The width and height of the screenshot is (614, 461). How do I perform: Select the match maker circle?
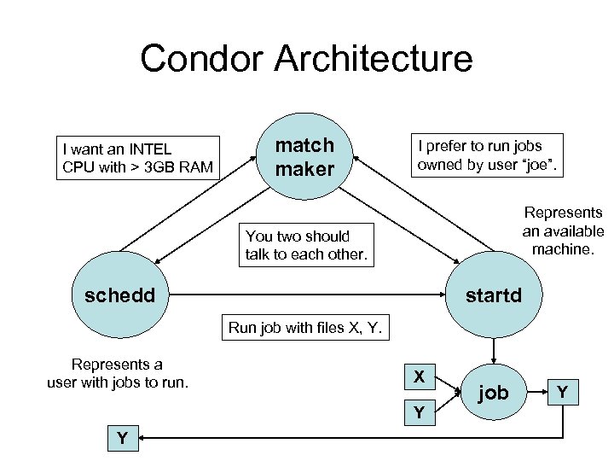304,157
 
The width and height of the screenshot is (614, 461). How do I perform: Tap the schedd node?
120,295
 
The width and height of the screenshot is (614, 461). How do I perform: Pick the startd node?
493,295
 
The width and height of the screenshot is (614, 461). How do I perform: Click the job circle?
493,393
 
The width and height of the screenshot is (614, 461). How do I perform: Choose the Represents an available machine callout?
563,230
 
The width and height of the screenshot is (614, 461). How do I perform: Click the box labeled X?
419,376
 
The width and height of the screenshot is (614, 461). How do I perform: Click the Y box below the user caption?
123,438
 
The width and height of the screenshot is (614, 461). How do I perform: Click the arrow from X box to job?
449,384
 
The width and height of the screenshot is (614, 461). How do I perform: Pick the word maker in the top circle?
304,169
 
